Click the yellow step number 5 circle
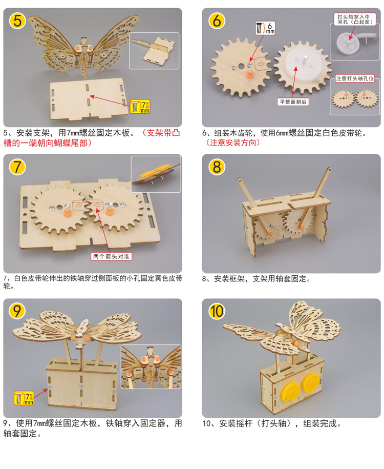click(x=18, y=22)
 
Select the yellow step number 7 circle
click(x=18, y=168)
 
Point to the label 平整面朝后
click(x=293, y=101)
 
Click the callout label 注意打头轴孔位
click(x=355, y=79)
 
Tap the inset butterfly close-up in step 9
click(x=151, y=366)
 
